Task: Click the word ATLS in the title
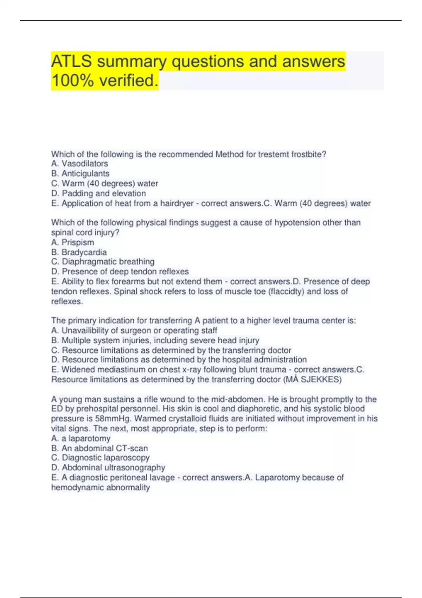pos(71,61)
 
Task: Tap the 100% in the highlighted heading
pos(72,81)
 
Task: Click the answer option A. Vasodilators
pos(79,164)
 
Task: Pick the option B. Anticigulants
pos(80,173)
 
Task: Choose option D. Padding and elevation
pos(98,193)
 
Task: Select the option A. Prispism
pos(72,242)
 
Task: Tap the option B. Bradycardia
pos(79,252)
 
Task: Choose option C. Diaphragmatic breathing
pos(103,262)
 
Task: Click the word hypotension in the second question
pos(295,223)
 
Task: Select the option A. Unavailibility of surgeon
pos(134,330)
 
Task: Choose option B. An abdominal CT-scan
pos(100,448)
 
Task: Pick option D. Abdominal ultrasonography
pos(108,467)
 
